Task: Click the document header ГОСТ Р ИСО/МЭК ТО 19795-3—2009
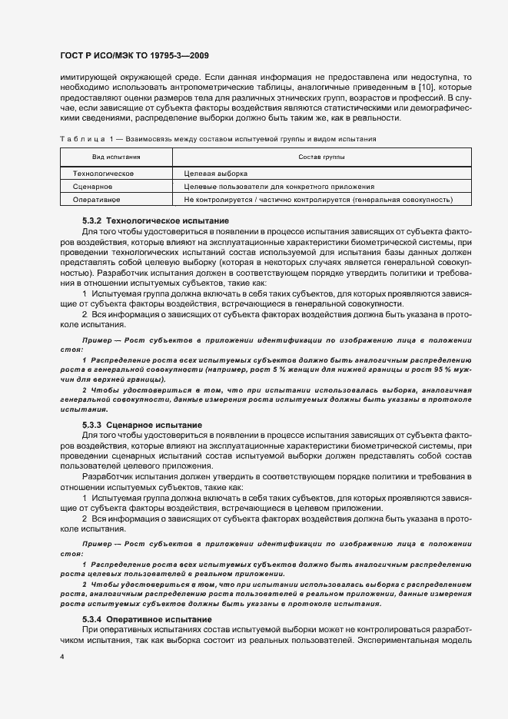(x=134, y=55)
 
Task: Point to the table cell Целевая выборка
(x=216, y=174)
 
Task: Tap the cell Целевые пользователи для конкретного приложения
(x=279, y=187)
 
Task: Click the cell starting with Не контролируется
(x=317, y=200)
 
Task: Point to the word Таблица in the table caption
(x=77, y=138)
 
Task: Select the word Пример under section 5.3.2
(x=98, y=340)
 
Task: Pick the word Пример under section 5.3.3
(x=98, y=543)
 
